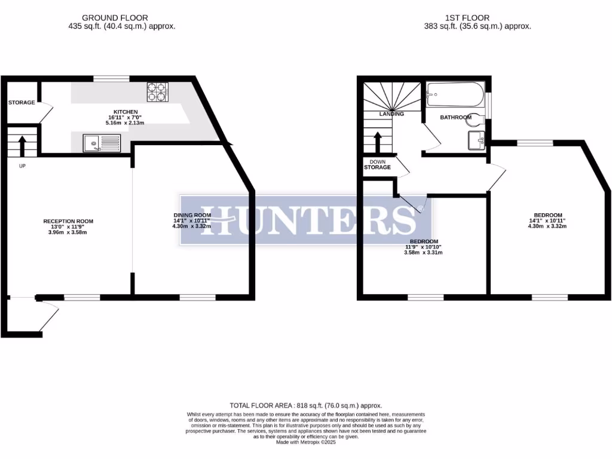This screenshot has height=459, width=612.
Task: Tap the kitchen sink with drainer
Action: point(102,143)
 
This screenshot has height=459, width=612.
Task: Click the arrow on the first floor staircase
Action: point(377,142)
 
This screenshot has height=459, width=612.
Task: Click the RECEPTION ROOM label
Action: point(68,221)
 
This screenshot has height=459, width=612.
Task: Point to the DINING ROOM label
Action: point(192,215)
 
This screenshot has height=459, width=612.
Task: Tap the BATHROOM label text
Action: point(455,118)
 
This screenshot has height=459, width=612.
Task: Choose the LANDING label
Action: point(391,114)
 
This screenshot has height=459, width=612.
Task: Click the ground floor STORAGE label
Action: point(22,103)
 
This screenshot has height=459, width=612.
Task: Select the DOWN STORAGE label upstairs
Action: point(377,164)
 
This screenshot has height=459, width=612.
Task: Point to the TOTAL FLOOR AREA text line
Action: point(305,405)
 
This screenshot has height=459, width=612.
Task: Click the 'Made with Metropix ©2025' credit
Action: point(305,442)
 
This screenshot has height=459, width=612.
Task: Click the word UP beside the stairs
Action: point(22,166)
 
